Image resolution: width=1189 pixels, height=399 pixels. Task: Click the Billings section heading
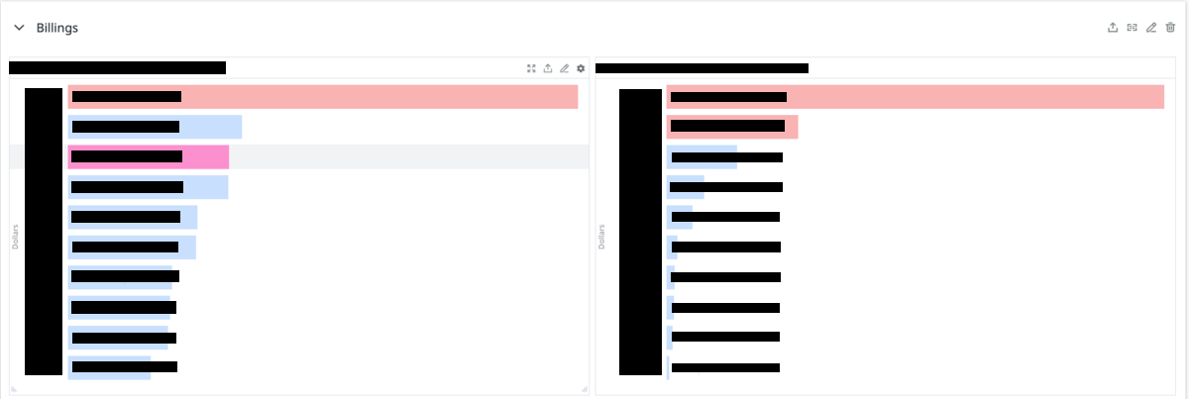57,28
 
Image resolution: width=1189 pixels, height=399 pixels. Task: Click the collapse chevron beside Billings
19,28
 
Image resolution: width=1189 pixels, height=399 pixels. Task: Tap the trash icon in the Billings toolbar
1170,28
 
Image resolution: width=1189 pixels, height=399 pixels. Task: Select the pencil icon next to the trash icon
1151,28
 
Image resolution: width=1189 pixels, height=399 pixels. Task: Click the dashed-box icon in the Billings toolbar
1132,28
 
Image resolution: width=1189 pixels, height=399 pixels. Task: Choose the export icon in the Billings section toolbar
1113,28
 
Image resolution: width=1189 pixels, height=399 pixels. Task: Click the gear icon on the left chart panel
581,68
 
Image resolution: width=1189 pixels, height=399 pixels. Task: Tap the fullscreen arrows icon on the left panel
532,68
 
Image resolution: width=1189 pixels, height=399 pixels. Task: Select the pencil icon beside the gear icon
565,68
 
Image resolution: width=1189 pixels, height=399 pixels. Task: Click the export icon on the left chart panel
548,68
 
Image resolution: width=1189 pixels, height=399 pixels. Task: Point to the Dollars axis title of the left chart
16,236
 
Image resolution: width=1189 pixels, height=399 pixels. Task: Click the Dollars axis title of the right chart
602,236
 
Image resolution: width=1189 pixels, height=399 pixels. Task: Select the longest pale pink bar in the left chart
396,96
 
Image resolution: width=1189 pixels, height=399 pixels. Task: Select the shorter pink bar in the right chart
791,127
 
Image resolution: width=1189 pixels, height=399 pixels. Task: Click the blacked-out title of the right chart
702,68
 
